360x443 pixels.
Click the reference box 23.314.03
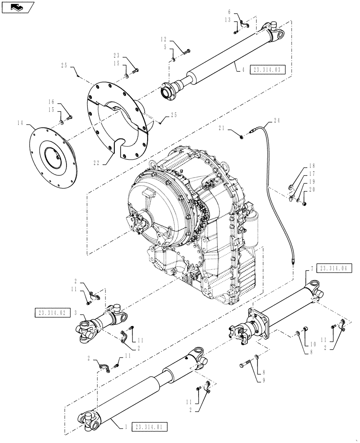(x=267, y=70)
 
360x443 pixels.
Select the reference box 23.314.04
(x=336, y=268)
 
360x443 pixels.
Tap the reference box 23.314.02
(x=52, y=313)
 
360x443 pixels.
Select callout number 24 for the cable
(x=277, y=120)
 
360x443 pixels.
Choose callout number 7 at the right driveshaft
(x=312, y=268)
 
